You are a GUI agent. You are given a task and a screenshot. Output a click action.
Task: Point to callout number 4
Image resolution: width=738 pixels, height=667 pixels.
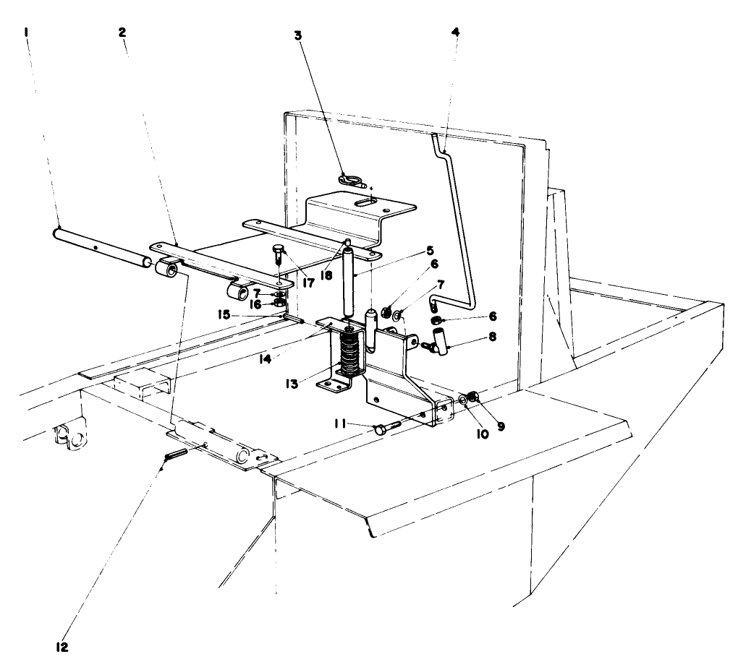(x=454, y=33)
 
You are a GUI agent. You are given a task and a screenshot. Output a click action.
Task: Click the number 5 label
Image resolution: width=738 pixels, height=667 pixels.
(x=429, y=251)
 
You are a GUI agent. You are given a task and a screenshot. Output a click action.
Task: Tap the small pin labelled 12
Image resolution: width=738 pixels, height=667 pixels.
(x=176, y=454)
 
